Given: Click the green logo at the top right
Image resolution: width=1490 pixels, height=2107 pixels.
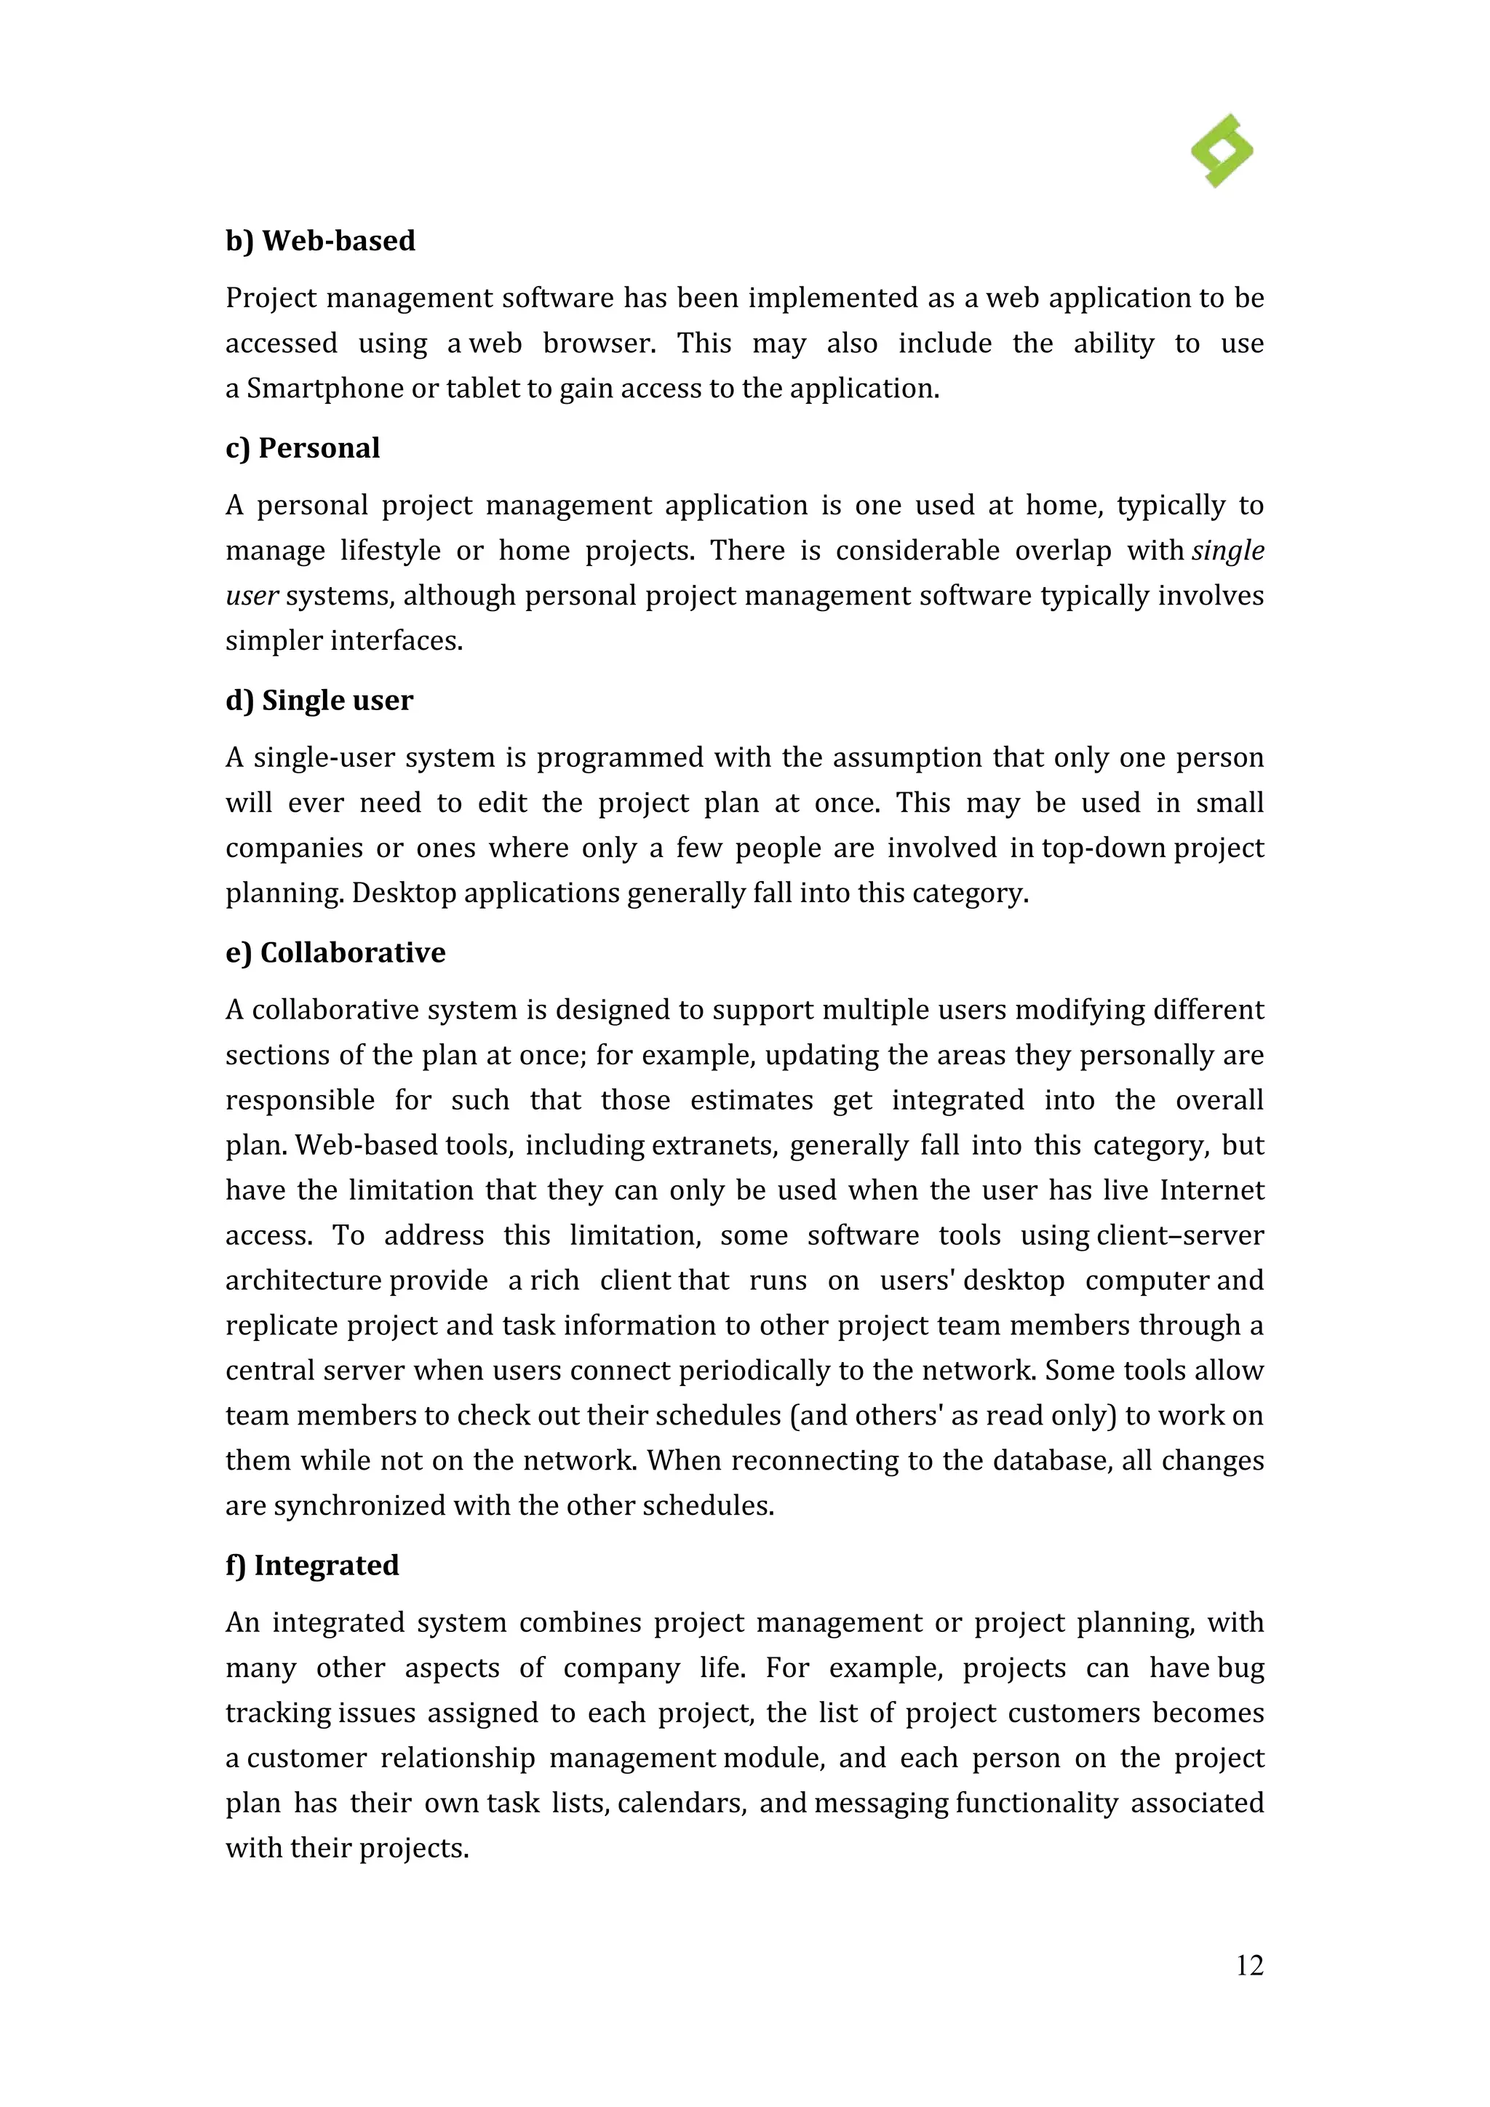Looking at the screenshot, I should click(1222, 151).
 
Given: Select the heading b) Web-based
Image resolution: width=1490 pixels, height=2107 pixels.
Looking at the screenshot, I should click(320, 240).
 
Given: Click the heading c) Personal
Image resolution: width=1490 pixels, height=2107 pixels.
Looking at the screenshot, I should click(302, 448).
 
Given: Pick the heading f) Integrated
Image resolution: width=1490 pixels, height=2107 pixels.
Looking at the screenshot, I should click(312, 1565).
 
